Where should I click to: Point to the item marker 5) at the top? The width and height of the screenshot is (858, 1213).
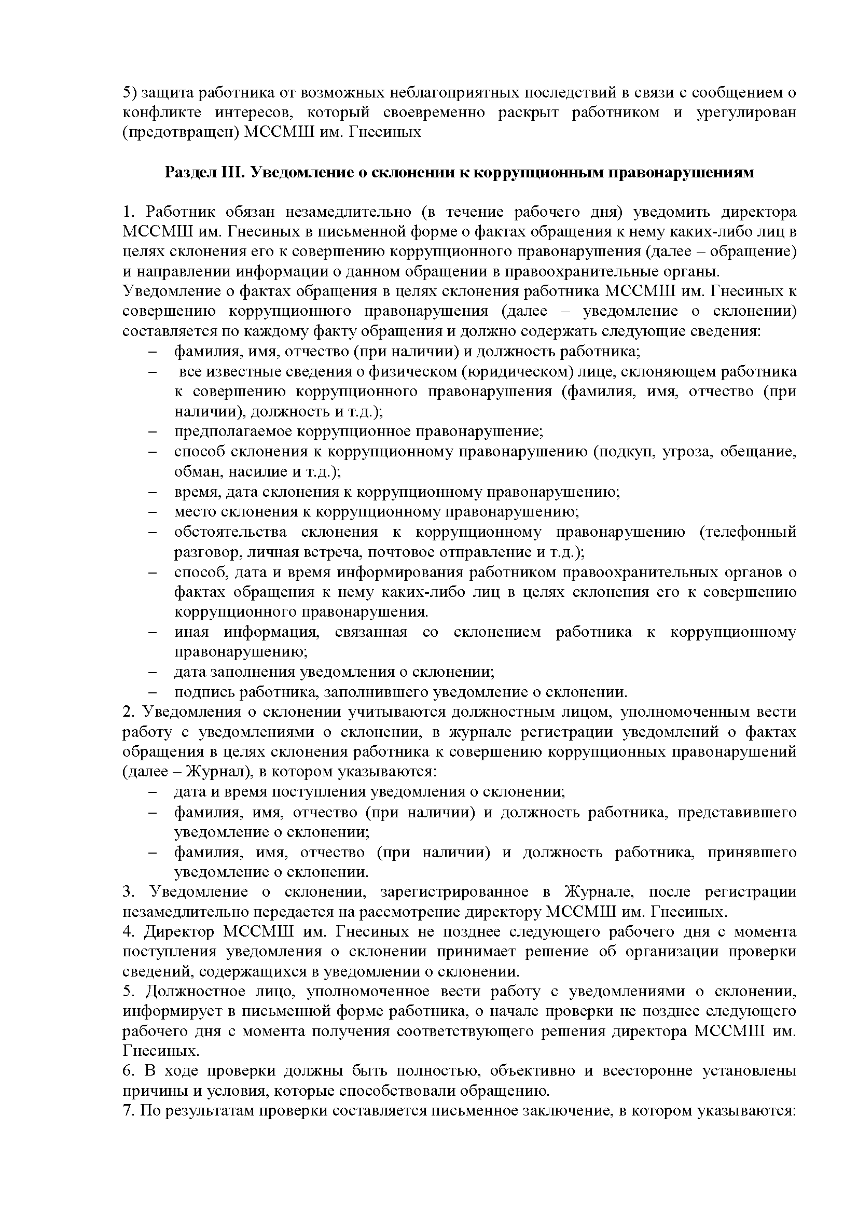130,92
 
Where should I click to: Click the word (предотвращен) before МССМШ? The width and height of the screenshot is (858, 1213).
180,132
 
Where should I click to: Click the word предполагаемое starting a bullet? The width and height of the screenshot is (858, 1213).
233,431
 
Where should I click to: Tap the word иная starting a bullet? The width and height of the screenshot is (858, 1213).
192,632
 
